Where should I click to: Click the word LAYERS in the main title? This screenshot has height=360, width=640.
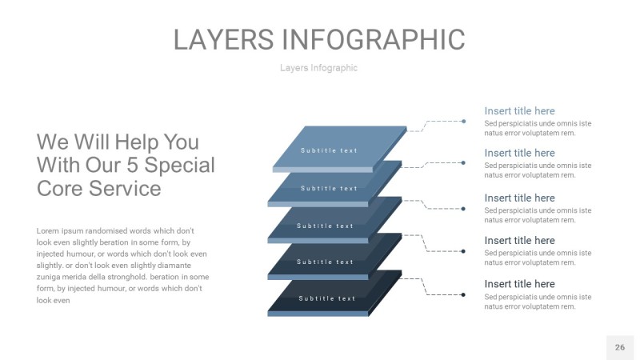224,39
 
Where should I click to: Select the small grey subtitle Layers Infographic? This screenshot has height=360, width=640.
318,68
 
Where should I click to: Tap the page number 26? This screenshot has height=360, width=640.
619,347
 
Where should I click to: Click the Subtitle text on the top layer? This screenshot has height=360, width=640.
329,150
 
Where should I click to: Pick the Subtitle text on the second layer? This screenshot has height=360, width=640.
329,189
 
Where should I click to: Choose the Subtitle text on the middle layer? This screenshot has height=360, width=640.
325,226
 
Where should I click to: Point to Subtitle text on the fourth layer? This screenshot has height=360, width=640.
325,262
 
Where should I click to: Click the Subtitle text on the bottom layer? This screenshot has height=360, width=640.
327,298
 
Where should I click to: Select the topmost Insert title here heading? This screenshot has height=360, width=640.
519,111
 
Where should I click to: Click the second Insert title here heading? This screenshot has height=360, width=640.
519,153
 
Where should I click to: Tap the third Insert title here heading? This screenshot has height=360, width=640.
519,198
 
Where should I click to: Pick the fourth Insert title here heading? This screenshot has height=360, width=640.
519,240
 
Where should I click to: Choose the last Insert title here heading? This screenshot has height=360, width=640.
519,284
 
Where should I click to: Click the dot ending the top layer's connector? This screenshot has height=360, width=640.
464,122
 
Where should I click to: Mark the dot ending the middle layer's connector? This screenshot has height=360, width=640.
464,209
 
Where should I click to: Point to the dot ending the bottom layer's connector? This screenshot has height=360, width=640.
464,295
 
